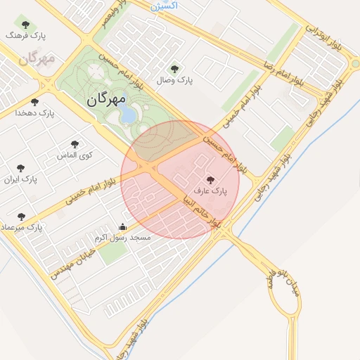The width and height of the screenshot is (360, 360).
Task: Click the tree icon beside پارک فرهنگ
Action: (25, 25)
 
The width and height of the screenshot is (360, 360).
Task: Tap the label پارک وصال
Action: (176, 81)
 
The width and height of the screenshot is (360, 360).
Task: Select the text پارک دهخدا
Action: (37, 112)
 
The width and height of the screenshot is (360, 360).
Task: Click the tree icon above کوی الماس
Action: (75, 144)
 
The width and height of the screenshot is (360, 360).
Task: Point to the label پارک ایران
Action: (21, 180)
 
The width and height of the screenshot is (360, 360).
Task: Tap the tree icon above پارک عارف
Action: (210, 180)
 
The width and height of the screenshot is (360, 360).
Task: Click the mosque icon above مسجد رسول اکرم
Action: (123, 226)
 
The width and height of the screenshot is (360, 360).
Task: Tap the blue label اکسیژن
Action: (165, 5)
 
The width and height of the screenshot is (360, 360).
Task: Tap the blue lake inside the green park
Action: (129, 112)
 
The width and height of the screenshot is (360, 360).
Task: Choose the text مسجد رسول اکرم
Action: (123, 238)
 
